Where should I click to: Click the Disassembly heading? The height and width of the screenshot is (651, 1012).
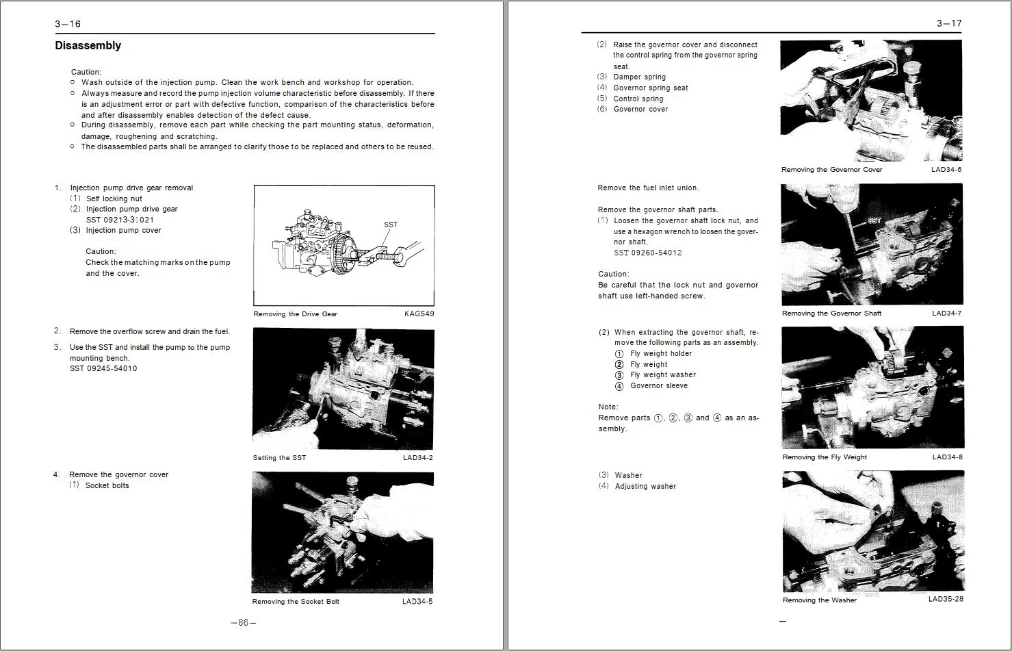[x=88, y=46]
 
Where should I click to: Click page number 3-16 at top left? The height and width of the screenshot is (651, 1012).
[x=68, y=24]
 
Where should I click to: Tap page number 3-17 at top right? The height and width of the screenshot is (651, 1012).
[x=948, y=24]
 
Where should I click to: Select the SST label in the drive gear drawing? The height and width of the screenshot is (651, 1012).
[x=391, y=225]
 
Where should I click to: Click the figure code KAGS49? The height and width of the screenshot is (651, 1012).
[x=419, y=314]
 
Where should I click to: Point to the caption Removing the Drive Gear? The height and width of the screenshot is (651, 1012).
[x=295, y=314]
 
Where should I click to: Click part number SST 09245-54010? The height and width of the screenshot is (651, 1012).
[x=103, y=368]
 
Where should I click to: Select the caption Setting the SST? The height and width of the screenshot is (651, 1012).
[x=279, y=458]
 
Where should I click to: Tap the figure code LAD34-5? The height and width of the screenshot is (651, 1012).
[x=417, y=602]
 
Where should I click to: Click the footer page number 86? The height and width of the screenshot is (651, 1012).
[x=243, y=623]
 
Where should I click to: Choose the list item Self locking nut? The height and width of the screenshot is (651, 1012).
[x=114, y=199]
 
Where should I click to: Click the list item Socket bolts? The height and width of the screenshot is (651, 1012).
[x=107, y=485]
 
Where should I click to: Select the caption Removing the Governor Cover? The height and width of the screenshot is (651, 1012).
[x=831, y=170]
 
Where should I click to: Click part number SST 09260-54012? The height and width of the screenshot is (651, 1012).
[x=647, y=253]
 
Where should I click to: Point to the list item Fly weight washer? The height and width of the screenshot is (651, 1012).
[x=662, y=375]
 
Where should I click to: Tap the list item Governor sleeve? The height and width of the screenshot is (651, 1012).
[x=658, y=386]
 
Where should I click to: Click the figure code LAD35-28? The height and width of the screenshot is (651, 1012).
[x=946, y=599]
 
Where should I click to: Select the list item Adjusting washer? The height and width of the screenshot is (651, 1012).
[x=645, y=486]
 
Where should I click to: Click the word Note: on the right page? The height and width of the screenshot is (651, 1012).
[x=608, y=407]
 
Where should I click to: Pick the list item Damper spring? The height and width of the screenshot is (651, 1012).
[x=639, y=77]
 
